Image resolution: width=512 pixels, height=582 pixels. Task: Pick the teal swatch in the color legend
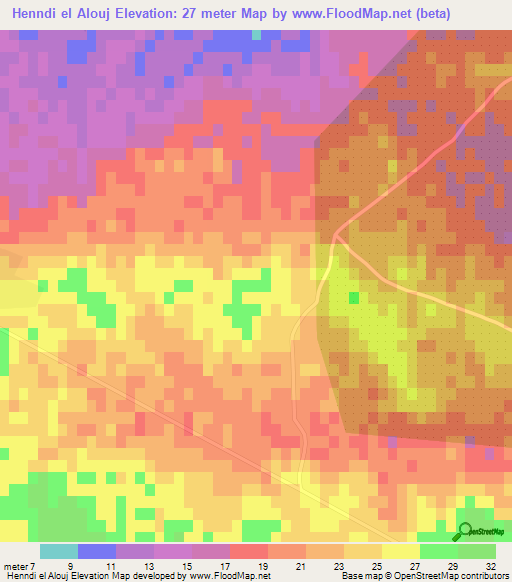pos(58,551)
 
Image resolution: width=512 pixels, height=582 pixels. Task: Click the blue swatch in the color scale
pos(96,551)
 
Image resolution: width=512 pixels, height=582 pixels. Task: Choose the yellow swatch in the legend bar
pos(400,551)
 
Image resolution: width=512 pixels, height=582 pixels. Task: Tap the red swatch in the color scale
pos(248,551)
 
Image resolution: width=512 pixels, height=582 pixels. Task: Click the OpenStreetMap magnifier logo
pos(465,531)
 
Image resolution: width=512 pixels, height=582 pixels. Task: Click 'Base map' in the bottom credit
pos(361,576)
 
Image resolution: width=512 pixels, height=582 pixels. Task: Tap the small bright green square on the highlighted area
pos(353,297)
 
